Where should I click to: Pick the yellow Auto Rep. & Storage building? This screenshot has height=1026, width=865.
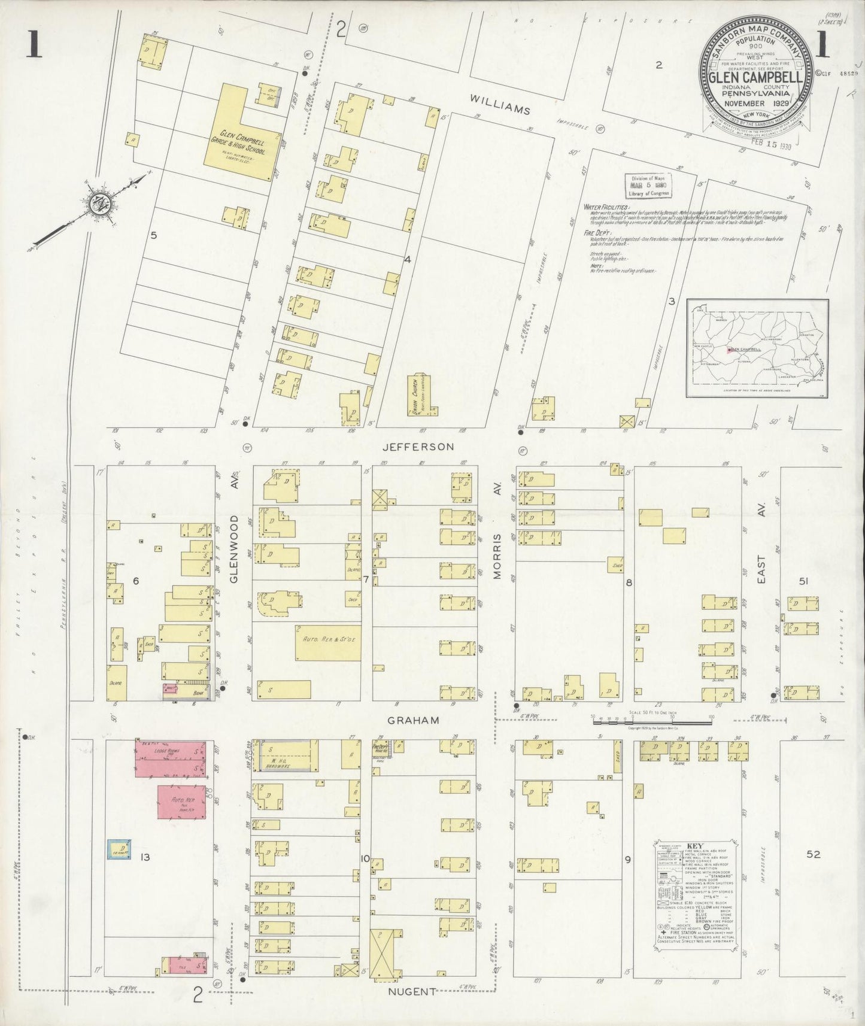click(x=328, y=642)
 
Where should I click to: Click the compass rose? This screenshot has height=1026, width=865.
click(x=97, y=204)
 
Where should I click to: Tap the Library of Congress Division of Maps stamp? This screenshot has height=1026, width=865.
click(x=649, y=186)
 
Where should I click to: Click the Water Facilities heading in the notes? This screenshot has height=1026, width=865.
click(x=606, y=207)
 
